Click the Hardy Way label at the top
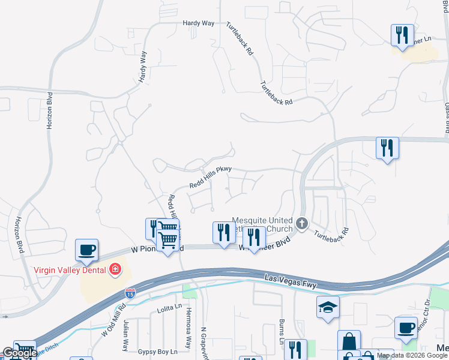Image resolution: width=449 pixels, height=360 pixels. click(x=199, y=23)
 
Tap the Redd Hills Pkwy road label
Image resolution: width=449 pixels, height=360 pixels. click(x=211, y=178)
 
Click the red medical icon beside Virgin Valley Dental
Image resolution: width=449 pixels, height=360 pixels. click(x=115, y=269)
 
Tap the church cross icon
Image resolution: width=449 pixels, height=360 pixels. click(x=302, y=224)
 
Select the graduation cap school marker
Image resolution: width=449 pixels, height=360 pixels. click(x=328, y=308)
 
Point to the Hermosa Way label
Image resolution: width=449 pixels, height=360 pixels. click(x=188, y=333)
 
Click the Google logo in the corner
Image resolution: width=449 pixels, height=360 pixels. click(x=19, y=353)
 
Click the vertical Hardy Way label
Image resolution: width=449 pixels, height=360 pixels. click(x=143, y=66)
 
